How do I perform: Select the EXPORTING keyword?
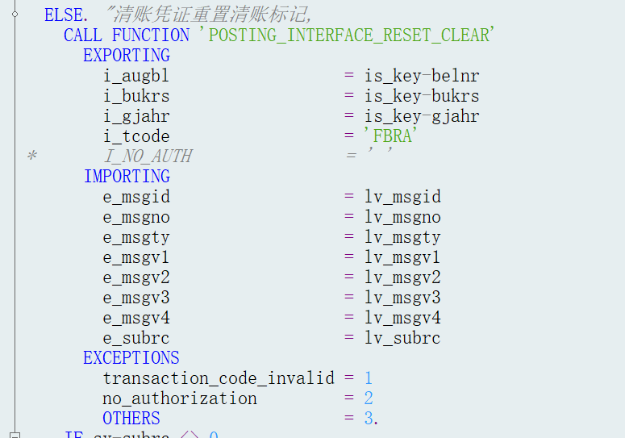[x=127, y=56]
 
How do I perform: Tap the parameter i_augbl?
[x=136, y=76]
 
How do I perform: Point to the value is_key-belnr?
[x=422, y=76]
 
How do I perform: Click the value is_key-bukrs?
[x=422, y=96]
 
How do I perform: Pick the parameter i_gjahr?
[x=136, y=116]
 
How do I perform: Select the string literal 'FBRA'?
[x=389, y=136]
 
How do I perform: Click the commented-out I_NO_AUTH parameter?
[x=148, y=156]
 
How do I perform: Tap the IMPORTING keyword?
[x=127, y=177]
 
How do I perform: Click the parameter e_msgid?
[x=136, y=197]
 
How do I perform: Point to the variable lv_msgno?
[x=402, y=217]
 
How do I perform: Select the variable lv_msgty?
[x=402, y=237]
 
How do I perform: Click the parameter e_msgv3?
[x=136, y=298]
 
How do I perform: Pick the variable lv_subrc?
[x=402, y=338]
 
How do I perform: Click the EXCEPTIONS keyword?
[x=131, y=358]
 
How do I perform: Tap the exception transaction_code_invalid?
[x=219, y=378]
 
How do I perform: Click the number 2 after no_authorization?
[x=369, y=398]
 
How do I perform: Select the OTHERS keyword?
[x=131, y=419]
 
